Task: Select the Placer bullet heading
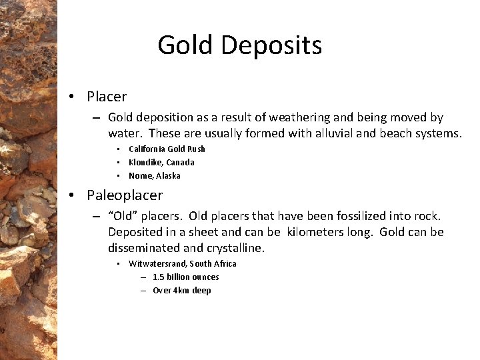coord(107,97)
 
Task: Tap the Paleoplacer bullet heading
coord(125,195)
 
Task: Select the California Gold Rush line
coord(167,149)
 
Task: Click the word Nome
coord(141,176)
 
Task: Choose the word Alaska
coord(168,176)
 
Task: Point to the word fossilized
coord(336,216)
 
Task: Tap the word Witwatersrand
coord(157,264)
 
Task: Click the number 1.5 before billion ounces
coord(159,277)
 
